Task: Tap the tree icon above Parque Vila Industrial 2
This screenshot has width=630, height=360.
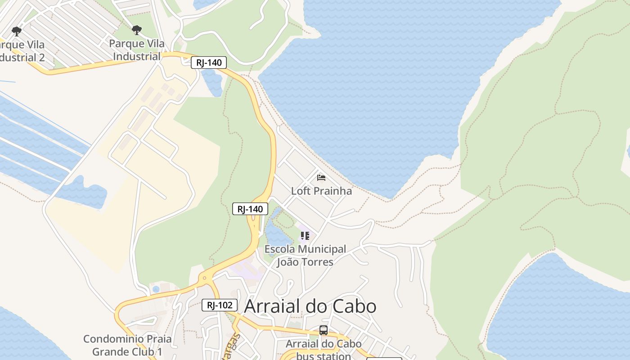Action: click(x=17, y=31)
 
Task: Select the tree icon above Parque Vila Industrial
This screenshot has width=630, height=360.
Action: click(x=136, y=31)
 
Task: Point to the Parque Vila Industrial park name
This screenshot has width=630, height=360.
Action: click(x=136, y=50)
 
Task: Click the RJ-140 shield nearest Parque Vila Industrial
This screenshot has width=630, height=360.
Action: click(x=208, y=63)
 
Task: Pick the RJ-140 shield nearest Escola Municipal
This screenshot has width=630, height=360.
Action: click(x=250, y=209)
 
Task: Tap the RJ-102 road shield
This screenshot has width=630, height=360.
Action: click(x=219, y=305)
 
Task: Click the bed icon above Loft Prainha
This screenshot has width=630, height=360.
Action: click(x=321, y=178)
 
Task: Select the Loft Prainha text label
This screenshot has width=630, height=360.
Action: click(x=321, y=191)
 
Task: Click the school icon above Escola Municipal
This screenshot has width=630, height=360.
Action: click(x=305, y=236)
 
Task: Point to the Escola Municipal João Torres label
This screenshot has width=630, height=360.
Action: click(x=305, y=255)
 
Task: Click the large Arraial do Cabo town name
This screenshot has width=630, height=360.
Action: click(x=310, y=306)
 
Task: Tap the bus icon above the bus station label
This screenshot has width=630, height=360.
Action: click(x=323, y=330)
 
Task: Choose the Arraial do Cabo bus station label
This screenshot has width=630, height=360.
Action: click(x=323, y=350)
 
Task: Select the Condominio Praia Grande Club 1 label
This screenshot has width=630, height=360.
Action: click(x=121, y=345)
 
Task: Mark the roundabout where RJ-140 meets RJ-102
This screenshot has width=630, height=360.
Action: click(x=205, y=278)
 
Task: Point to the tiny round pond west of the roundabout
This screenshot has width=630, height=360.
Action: click(x=156, y=289)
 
